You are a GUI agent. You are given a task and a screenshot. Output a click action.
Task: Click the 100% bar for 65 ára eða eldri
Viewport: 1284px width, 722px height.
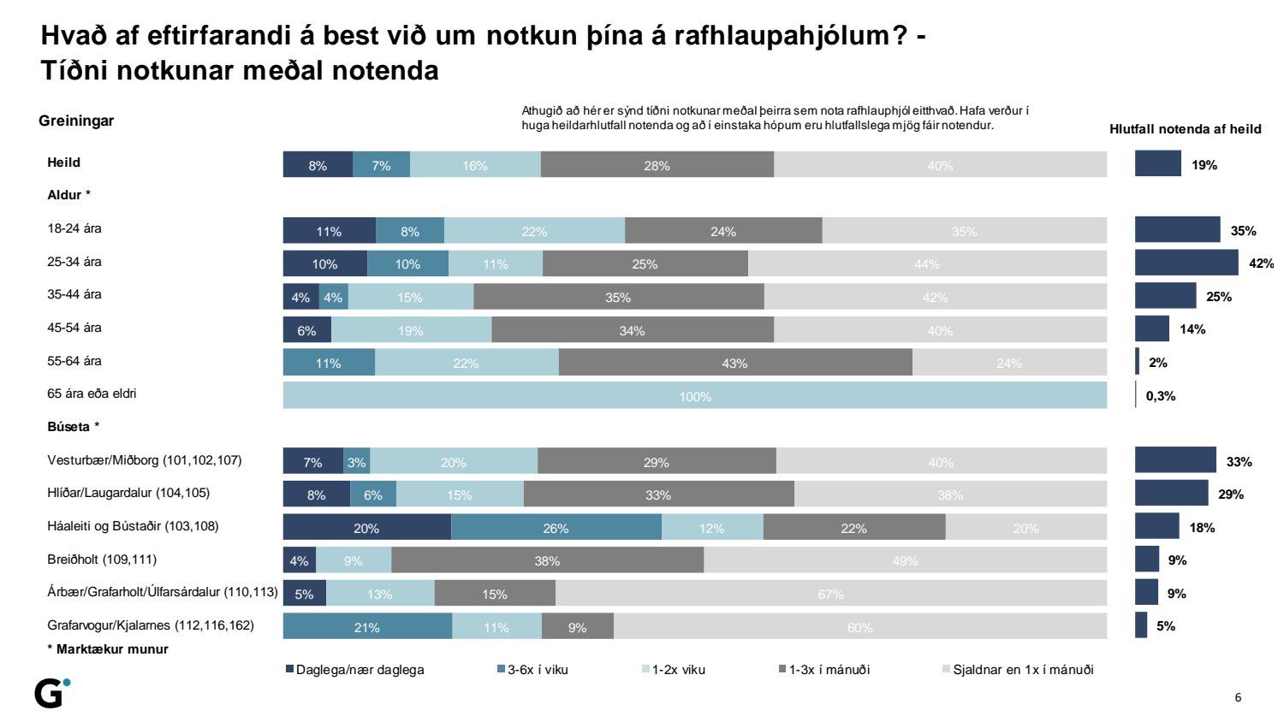tap(694, 396)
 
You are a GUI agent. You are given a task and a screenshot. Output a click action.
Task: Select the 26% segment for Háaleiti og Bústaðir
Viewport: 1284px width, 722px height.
tap(556, 528)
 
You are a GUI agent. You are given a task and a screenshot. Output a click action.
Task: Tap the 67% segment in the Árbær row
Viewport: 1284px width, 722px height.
tap(830, 594)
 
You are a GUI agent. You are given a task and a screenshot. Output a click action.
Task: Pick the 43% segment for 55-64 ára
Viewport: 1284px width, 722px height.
tap(734, 363)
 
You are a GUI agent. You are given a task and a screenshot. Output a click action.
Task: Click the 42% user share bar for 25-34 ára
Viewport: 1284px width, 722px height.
tap(1186, 263)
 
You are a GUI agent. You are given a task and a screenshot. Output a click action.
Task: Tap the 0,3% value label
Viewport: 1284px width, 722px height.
tap(1161, 396)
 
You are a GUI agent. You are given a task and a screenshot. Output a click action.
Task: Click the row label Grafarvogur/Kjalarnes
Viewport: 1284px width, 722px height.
tap(151, 625)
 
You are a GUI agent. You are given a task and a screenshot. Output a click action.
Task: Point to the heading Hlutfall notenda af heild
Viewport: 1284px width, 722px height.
tap(1185, 129)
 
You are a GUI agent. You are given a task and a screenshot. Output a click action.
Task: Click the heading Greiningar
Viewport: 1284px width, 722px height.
tap(76, 121)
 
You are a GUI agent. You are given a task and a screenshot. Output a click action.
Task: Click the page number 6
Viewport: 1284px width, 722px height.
tap(1238, 697)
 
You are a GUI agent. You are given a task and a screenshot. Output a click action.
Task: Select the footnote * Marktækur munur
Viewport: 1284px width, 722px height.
tap(108, 649)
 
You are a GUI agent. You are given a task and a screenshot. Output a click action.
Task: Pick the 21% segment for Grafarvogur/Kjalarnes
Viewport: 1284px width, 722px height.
tap(366, 627)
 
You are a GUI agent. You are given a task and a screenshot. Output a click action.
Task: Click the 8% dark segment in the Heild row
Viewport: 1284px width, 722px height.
tap(318, 165)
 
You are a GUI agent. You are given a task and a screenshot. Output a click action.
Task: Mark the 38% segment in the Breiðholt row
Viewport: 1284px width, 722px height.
tap(547, 561)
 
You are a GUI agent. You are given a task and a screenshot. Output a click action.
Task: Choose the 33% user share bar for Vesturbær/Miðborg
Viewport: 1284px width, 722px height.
tap(1175, 461)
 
